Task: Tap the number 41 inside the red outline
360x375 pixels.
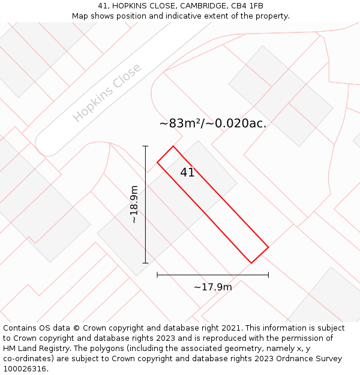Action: pos(187,173)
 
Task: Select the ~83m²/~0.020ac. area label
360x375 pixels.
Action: pos(213,124)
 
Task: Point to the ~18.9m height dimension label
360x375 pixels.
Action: pos(134,205)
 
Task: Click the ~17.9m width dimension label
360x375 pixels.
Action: pos(212,287)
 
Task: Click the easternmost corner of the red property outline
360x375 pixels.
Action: pos(268,247)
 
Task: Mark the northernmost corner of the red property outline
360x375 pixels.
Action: pos(173,146)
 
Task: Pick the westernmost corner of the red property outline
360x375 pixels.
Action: pos(157,162)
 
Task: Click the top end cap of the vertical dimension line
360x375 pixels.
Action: pos(145,146)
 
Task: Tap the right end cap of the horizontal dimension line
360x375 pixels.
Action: pos(268,275)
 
